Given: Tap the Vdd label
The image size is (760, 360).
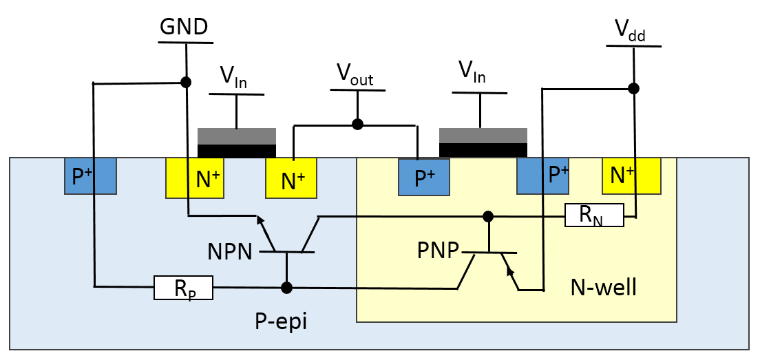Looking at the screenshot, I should coord(630,31).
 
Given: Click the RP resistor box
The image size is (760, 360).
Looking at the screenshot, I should coord(183,288).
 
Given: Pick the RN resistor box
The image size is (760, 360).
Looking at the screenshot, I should coord(593,215).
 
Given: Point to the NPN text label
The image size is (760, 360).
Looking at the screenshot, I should coord(230,252).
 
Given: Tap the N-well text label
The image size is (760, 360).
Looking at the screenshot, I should coord(603,287).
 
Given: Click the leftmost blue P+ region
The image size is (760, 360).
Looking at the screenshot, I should coord(90,176).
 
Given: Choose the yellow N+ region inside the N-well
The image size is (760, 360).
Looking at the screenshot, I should coord(631,176).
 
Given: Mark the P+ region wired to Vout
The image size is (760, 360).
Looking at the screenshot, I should coord(423,177).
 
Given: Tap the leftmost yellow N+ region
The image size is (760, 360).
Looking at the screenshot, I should coord(195,179).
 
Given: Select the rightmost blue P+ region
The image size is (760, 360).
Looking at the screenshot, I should coord(543,176).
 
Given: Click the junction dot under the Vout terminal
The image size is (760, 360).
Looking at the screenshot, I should coord(357,125).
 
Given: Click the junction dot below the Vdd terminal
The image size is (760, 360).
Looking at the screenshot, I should coord(633,88).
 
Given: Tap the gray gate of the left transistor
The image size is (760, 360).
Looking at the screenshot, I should coord(237,136).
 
